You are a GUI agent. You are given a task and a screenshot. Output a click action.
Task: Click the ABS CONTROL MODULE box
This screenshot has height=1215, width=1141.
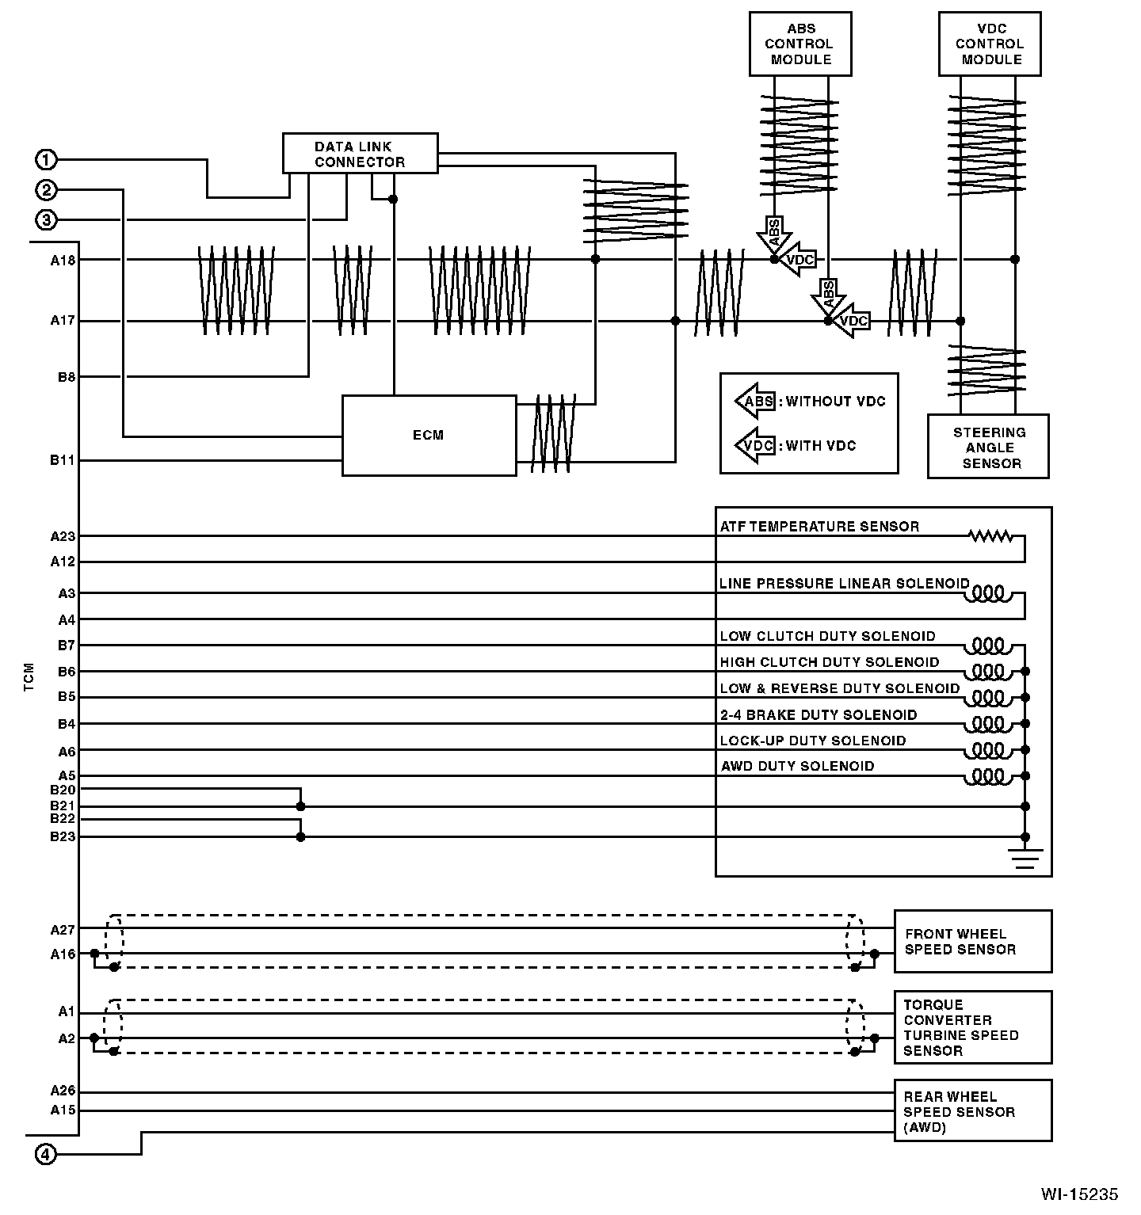(x=800, y=44)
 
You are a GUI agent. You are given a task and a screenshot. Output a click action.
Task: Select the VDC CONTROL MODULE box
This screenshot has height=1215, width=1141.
(x=989, y=44)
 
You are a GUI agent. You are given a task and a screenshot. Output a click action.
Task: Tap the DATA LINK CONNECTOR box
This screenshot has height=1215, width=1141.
(x=360, y=154)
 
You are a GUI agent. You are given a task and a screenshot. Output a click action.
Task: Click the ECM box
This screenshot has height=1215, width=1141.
(x=429, y=435)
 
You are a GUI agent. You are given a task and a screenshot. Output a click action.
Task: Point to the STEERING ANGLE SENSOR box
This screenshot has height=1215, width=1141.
(x=988, y=448)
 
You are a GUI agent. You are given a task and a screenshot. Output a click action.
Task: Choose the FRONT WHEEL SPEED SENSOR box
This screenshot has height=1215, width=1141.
(x=973, y=941)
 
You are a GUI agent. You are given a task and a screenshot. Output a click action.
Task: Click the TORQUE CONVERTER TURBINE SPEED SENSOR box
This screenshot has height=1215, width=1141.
(x=973, y=1027)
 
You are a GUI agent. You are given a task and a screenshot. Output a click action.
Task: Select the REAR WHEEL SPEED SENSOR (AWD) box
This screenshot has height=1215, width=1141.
(x=973, y=1111)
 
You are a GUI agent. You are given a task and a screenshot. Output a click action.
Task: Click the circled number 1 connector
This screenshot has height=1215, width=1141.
(x=47, y=160)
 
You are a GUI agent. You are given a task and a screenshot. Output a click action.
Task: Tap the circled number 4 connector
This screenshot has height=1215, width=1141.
(x=47, y=1154)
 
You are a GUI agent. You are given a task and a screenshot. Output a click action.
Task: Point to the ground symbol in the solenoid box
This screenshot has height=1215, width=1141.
(x=1025, y=858)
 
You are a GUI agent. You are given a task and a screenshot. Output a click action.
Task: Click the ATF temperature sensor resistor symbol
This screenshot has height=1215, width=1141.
(x=990, y=536)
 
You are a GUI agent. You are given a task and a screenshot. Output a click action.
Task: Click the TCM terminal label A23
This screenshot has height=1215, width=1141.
(x=63, y=536)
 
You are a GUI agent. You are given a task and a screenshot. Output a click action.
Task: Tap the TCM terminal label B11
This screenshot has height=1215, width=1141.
(x=63, y=460)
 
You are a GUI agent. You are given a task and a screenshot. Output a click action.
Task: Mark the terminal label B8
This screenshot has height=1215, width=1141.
(x=66, y=377)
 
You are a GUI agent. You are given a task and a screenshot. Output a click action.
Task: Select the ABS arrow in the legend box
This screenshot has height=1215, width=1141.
(x=754, y=402)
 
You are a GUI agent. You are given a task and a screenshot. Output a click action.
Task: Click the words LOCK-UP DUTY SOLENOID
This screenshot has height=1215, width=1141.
(x=813, y=741)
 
